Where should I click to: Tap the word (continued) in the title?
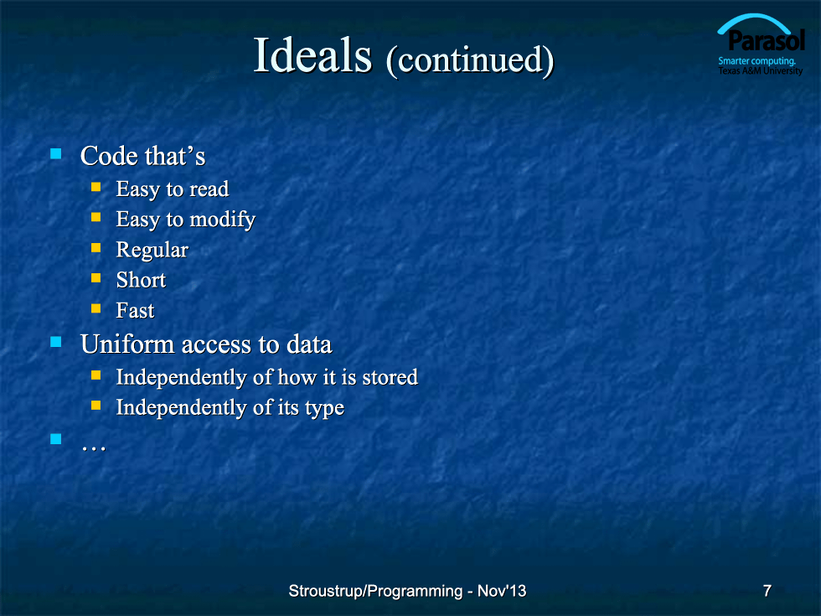pyautogui.click(x=470, y=60)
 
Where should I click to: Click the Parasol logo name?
pyautogui.click(x=767, y=40)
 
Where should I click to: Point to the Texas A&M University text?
pyautogui.click(x=761, y=70)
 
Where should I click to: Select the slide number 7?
pyautogui.click(x=767, y=591)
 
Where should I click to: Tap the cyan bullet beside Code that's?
pyautogui.click(x=56, y=153)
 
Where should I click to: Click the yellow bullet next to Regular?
pyautogui.click(x=96, y=247)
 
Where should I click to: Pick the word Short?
pyautogui.click(x=141, y=280)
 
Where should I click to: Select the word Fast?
pyautogui.click(x=135, y=310)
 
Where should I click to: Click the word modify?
pyautogui.click(x=223, y=220)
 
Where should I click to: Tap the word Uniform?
pyautogui.click(x=127, y=344)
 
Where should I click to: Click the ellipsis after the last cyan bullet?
pyautogui.click(x=94, y=448)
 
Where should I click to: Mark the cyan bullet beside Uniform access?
pyautogui.click(x=56, y=342)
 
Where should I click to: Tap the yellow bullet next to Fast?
pyautogui.click(x=96, y=308)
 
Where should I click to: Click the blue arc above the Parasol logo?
pyautogui.click(x=754, y=18)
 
